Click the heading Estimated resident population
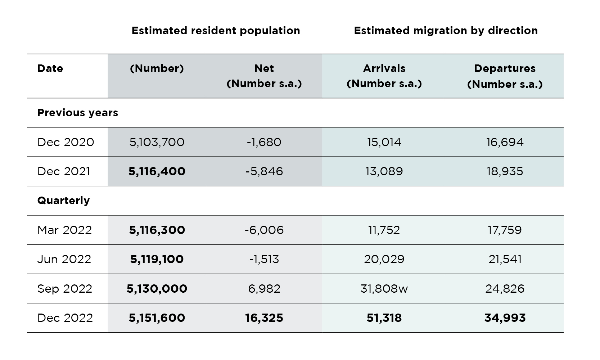216,31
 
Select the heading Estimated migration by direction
446,31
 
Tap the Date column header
50,68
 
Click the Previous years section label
77,113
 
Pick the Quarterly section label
63,201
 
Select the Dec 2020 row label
66,142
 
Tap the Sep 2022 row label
65,289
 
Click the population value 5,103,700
157,142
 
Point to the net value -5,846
264,171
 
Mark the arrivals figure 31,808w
384,289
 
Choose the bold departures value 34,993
505,318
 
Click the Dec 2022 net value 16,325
264,318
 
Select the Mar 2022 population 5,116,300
157,230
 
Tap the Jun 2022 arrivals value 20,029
384,259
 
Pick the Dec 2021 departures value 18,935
505,171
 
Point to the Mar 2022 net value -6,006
264,230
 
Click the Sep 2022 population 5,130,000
157,289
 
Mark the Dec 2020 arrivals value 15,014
384,142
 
